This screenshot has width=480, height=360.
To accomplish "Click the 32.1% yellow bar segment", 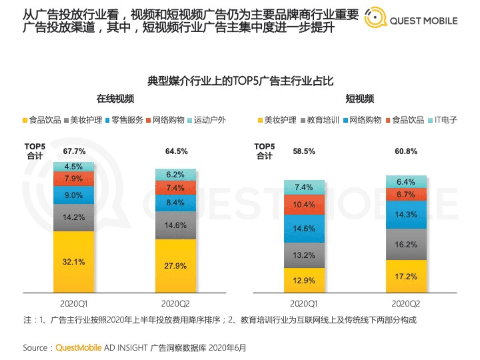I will click(x=74, y=261).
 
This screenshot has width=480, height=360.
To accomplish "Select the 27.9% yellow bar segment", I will click(x=175, y=265).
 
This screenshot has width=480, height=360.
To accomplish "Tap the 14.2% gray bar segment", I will click(x=74, y=218).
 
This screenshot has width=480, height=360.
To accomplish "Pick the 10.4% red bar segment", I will click(x=304, y=204).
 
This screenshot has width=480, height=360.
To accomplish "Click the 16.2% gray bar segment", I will click(x=406, y=244).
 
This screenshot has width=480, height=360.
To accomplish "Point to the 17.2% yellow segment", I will click(x=406, y=276).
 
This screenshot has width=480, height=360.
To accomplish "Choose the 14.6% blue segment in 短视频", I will click(x=304, y=228).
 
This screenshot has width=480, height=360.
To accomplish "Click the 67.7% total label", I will click(x=74, y=151).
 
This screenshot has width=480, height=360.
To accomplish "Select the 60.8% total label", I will click(x=406, y=151).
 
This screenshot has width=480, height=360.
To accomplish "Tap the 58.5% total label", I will click(x=304, y=151).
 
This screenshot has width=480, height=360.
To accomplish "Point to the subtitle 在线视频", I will click(x=115, y=99).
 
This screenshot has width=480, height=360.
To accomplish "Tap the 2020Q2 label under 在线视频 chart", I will click(x=175, y=303).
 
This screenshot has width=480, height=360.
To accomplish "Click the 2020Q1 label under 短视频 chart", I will click(x=304, y=303).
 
